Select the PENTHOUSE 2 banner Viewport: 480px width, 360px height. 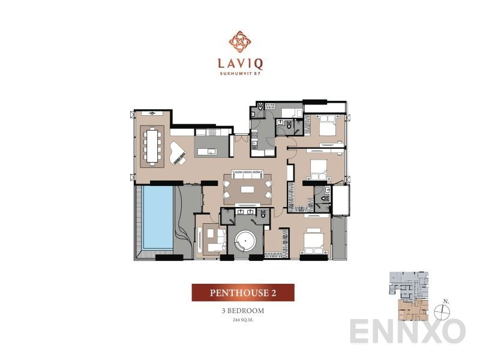242,293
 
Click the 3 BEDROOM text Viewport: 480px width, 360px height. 242,312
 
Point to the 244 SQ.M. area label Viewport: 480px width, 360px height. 242,321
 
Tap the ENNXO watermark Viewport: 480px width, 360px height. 408,331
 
